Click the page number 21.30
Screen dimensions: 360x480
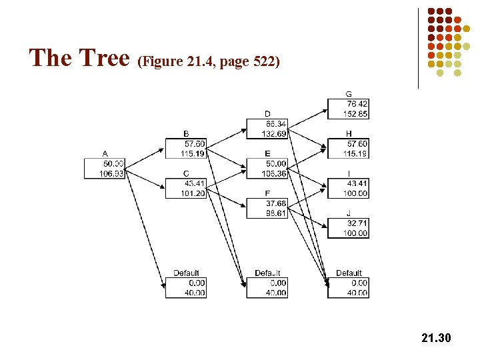437,339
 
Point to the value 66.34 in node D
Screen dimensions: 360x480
275,124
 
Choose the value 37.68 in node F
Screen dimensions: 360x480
275,203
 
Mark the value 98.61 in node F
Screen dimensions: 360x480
275,213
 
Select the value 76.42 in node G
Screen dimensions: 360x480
357,104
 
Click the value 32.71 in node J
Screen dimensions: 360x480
357,223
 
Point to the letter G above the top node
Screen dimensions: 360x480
349,94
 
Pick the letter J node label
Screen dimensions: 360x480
349,213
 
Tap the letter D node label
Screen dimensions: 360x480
267,114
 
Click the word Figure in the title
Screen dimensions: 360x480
159,63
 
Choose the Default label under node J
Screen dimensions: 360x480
349,273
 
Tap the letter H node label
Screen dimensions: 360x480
349,133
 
